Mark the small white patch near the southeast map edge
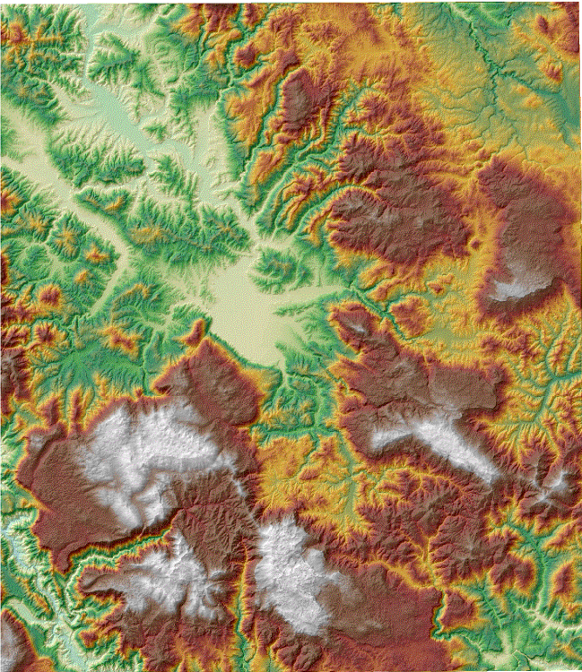pos(556,484)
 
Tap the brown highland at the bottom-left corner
pos(18,641)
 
